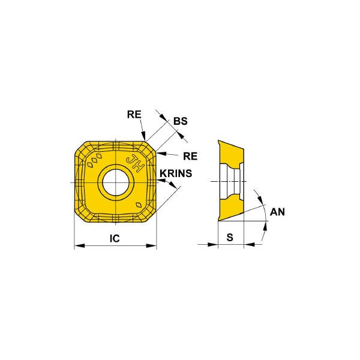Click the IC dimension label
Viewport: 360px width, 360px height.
coord(115,238)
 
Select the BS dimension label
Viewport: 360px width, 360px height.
coord(180,121)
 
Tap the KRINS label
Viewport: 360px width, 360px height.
coord(176,173)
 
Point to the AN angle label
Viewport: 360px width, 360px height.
coord(277,212)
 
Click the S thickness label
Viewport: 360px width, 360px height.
coord(230,237)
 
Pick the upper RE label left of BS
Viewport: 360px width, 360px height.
coord(134,115)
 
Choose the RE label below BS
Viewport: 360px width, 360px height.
coord(190,157)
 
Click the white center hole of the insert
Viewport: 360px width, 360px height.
coord(116,182)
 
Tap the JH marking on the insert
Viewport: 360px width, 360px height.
coord(135,163)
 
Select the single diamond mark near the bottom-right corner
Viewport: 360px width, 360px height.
coord(139,205)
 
